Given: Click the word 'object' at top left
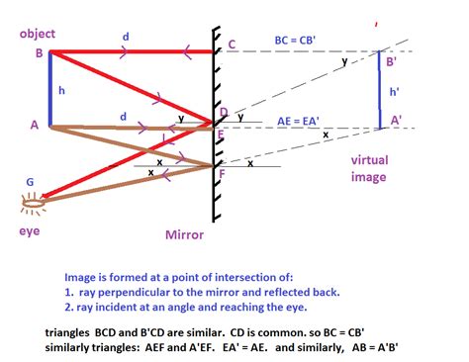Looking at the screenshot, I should [x=38, y=35].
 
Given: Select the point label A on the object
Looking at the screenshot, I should [x=35, y=125].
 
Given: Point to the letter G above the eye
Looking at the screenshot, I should [x=31, y=181].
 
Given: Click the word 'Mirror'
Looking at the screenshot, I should [x=185, y=235].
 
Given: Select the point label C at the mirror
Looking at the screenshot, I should [x=232, y=45].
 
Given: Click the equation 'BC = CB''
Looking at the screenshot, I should [x=301, y=42].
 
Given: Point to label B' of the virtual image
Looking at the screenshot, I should [x=391, y=62].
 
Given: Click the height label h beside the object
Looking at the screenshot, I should [x=61, y=91].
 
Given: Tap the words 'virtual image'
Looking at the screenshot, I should [x=368, y=169].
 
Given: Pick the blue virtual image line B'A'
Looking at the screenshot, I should [x=380, y=90].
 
